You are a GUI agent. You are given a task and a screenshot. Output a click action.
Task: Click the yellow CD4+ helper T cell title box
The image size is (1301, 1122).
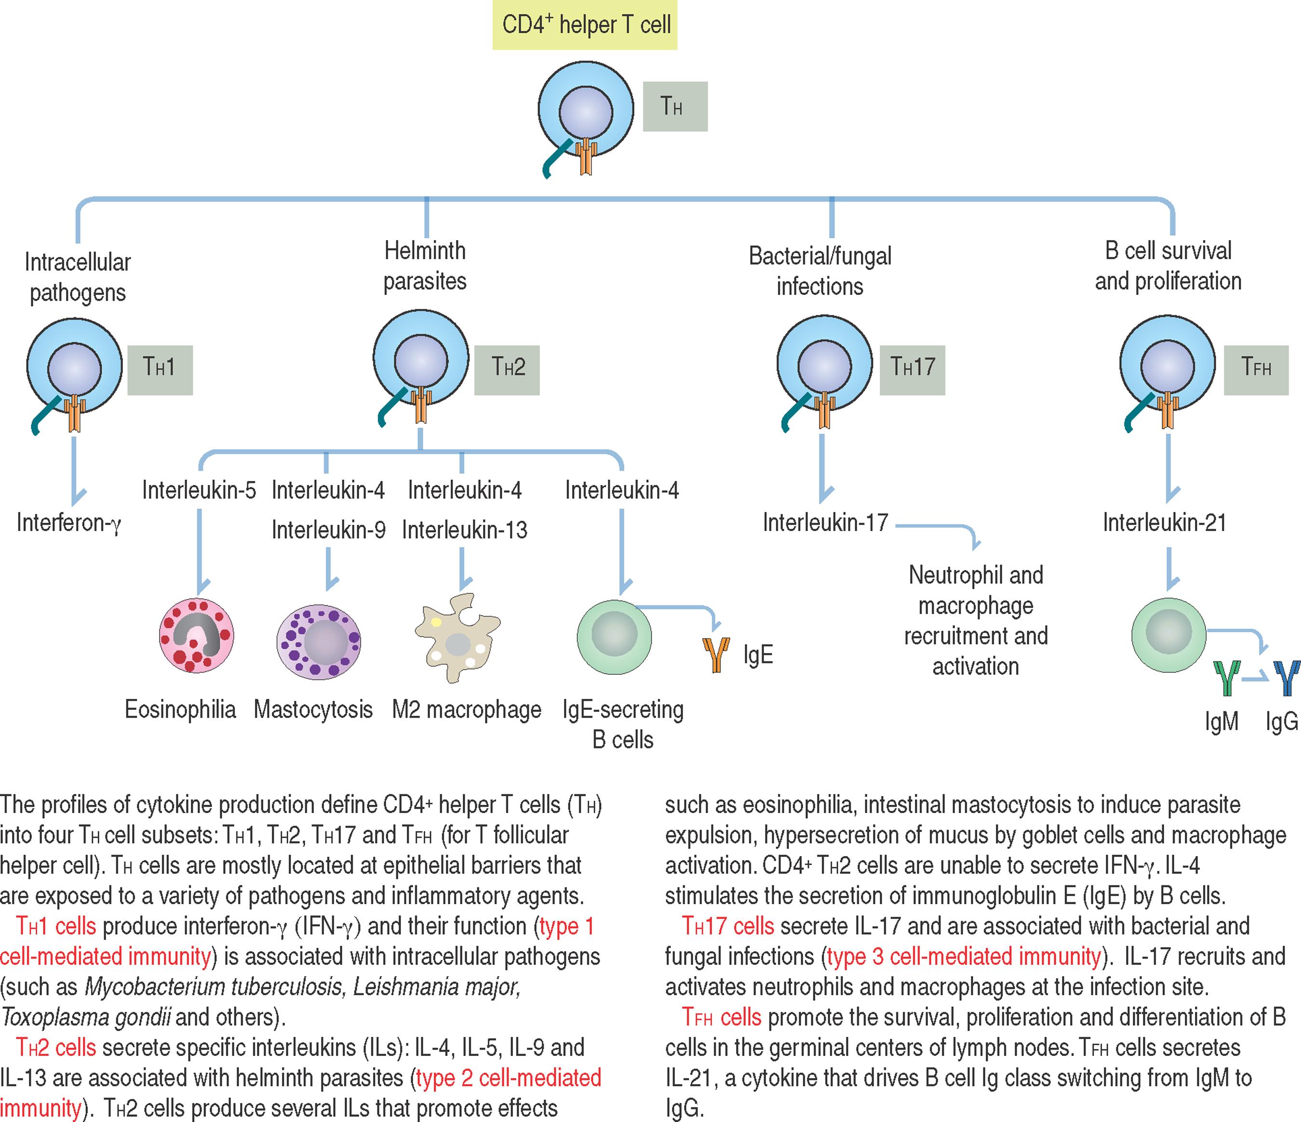[585, 26]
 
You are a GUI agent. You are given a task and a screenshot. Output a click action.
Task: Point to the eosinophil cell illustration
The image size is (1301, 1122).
[197, 635]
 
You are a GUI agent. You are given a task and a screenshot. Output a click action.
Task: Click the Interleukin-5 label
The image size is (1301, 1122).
[199, 490]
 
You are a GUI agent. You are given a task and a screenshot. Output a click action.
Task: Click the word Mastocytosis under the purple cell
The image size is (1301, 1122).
[313, 710]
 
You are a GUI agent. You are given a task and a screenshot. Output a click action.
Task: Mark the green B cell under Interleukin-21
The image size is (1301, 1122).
[1168, 634]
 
